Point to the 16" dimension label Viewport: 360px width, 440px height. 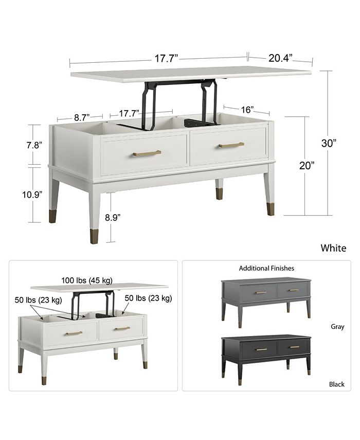pos(247,110)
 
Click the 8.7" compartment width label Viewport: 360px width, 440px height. pos(81,117)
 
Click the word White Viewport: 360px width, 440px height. pos(333,248)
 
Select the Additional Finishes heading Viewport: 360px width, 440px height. pos(266,268)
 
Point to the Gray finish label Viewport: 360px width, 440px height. pos(337,326)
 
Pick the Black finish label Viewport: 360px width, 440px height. pos(337,384)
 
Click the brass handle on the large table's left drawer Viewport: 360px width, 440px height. pos(147,153)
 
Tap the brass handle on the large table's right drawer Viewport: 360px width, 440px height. pos(231,145)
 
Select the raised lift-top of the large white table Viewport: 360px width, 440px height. pos(190,73)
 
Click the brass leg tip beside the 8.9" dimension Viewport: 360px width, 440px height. pos(94,236)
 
